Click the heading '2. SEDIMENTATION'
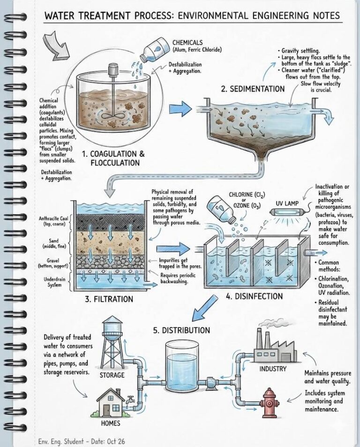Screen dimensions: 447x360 [257, 88]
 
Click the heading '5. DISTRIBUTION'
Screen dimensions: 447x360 [181, 330]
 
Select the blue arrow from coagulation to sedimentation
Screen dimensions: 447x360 [180, 108]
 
